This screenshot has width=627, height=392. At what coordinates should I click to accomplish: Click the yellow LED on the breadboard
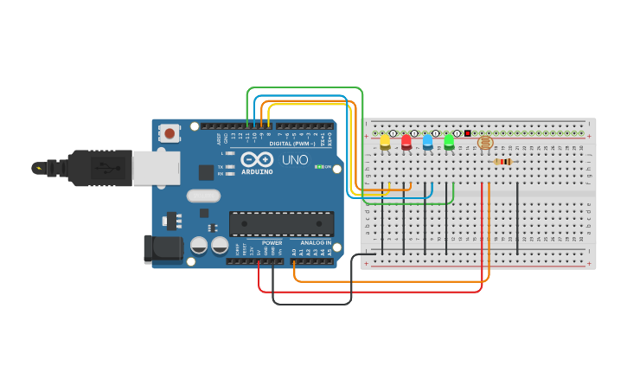tap(385, 142)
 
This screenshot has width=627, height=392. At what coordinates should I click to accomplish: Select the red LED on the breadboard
tap(406, 142)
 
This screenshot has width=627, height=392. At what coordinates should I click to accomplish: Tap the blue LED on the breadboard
tap(427, 142)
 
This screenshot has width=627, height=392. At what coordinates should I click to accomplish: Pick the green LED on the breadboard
tap(449, 142)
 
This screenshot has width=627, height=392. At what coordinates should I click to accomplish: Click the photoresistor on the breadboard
tap(484, 141)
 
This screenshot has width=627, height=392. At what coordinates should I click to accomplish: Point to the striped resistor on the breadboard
tap(502, 161)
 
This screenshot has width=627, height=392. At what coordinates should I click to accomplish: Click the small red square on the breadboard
tap(468, 133)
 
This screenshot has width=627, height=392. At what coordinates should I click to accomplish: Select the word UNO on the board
tap(294, 160)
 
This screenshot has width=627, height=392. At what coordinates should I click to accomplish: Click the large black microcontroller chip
tap(281, 223)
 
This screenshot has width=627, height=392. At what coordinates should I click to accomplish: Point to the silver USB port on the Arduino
tap(157, 168)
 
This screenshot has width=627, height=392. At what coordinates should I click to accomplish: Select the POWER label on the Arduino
tap(272, 243)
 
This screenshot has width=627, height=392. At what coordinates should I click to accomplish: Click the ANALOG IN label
tap(316, 243)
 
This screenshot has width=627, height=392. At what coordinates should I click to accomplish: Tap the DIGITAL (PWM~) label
tap(292, 143)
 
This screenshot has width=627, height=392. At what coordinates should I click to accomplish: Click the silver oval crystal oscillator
tap(203, 196)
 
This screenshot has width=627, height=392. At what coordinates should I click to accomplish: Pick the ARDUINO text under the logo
tap(258, 171)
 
